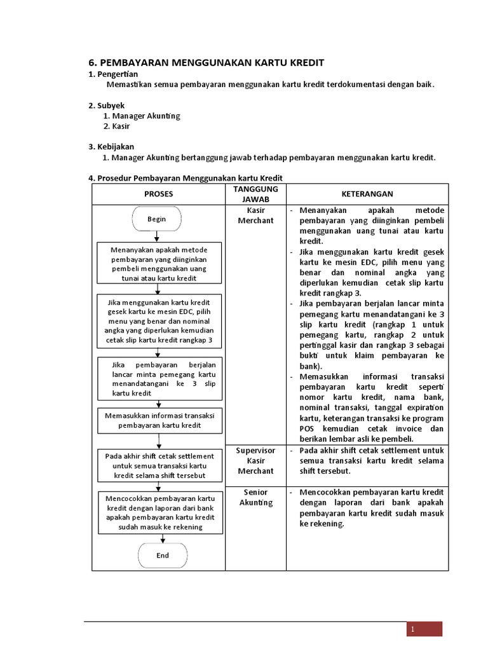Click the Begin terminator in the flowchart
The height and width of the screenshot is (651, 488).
(x=157, y=219)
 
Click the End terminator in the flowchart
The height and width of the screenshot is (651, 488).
(x=163, y=555)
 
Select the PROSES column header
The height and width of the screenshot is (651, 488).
(x=158, y=194)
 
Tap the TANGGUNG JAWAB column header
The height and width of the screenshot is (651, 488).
(x=255, y=194)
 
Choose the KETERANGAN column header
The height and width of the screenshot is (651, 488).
(x=368, y=194)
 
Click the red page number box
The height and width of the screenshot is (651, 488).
(x=424, y=629)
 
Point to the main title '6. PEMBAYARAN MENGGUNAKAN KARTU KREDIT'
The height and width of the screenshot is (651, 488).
(x=206, y=62)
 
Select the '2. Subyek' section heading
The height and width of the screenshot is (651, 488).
(x=107, y=105)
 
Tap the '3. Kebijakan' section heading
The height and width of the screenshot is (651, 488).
(x=111, y=146)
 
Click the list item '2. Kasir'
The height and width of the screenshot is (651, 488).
(x=116, y=126)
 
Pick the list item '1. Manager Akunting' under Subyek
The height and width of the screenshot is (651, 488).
(x=141, y=116)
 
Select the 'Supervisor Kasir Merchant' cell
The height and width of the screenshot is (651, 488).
(x=255, y=460)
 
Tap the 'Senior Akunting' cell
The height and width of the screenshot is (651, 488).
(x=255, y=497)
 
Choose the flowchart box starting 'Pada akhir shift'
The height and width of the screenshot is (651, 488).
(x=159, y=465)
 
